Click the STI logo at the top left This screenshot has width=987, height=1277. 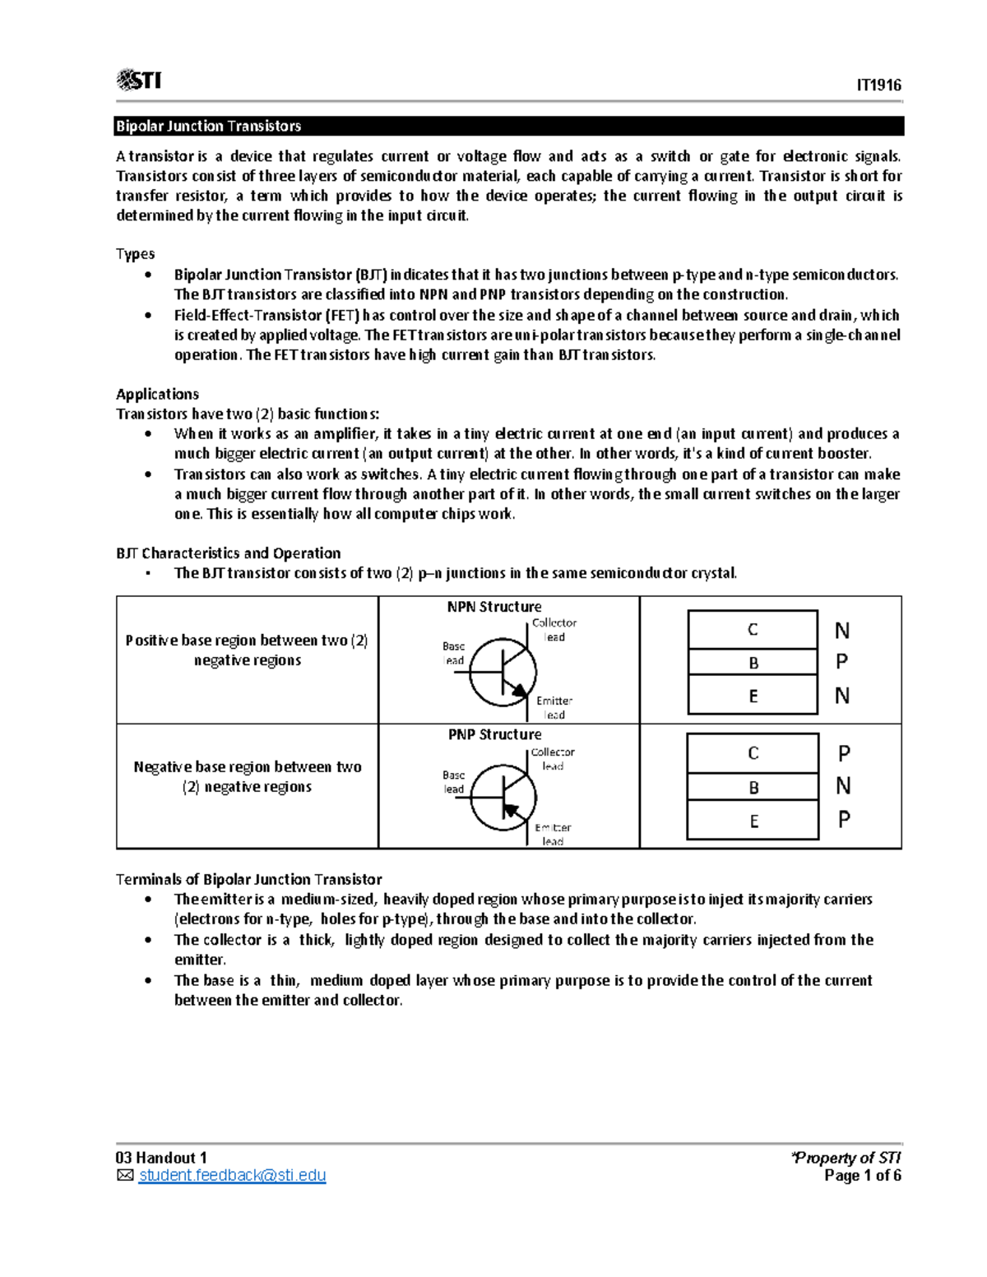point(139,80)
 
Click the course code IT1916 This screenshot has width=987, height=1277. point(878,86)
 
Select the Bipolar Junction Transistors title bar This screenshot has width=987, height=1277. point(509,126)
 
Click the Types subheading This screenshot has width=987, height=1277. point(135,254)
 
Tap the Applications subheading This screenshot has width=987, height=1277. point(157,394)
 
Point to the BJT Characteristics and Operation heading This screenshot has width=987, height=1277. point(228,553)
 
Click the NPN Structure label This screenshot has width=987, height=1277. point(494,607)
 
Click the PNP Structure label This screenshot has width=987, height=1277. point(494,734)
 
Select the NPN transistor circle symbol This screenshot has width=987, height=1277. point(503,673)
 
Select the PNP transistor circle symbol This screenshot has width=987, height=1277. point(503,798)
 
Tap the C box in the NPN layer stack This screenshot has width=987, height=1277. point(753,630)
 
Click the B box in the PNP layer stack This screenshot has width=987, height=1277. point(753,788)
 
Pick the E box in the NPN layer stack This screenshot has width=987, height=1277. point(753,696)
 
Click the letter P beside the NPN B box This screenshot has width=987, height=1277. point(841,662)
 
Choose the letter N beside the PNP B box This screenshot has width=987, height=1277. point(843,787)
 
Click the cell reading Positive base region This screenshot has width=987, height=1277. point(247,650)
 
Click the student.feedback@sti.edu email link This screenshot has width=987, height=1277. point(232,1176)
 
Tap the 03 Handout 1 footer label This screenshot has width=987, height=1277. point(161,1158)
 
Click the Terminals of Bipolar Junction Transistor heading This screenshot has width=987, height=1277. point(248,880)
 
